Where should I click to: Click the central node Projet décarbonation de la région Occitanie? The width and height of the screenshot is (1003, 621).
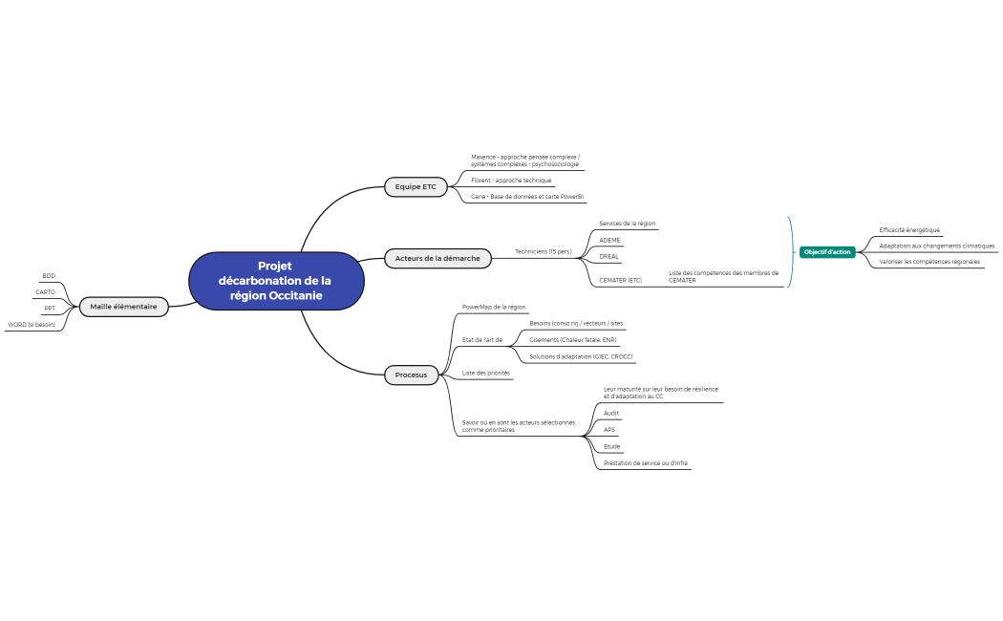click(x=276, y=281)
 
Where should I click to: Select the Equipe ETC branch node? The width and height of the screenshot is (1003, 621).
click(x=416, y=187)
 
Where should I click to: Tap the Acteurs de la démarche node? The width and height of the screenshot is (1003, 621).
click(x=437, y=258)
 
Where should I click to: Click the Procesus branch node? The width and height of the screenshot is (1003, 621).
click(x=411, y=375)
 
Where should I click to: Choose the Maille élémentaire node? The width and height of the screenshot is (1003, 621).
click(x=123, y=307)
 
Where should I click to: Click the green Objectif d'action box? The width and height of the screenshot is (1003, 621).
click(x=827, y=252)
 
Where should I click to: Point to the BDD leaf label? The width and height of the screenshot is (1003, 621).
click(x=49, y=276)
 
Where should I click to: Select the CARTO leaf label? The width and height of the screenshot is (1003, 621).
click(x=46, y=292)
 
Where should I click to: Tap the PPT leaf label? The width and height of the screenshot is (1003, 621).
click(x=50, y=309)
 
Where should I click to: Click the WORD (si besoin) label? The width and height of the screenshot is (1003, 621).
click(x=32, y=325)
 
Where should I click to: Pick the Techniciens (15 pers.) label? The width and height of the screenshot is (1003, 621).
click(x=543, y=252)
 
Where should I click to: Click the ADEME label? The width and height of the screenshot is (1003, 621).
click(x=609, y=240)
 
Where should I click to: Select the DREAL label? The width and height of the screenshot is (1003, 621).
click(x=608, y=256)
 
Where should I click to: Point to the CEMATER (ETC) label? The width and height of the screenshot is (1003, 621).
click(x=620, y=281)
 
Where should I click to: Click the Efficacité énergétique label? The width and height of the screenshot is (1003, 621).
click(x=909, y=230)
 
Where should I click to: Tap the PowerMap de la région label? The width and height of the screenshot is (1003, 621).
click(x=494, y=308)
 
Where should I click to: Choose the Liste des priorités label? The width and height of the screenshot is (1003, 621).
click(x=485, y=373)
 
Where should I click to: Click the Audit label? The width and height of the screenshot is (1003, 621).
click(x=611, y=414)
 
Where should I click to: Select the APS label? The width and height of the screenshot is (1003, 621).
click(x=609, y=430)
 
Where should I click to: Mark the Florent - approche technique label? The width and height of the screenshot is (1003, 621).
click(x=511, y=181)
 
